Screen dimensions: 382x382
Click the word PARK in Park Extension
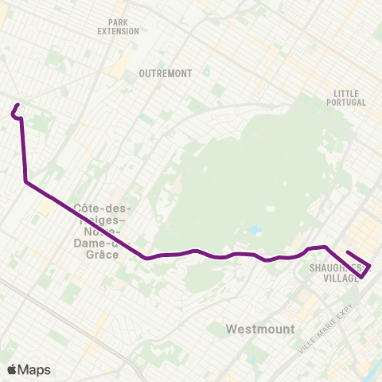(x=118, y=22)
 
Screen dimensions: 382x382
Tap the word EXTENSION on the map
(x=118, y=32)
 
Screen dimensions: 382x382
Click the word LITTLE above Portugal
(x=346, y=93)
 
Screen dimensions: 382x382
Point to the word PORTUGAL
(x=346, y=103)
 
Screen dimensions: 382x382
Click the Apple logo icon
(x=13, y=369)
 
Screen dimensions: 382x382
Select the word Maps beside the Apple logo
(x=35, y=369)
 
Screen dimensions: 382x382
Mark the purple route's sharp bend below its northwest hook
(x=26, y=182)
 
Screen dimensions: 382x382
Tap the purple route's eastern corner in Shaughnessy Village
(x=370, y=267)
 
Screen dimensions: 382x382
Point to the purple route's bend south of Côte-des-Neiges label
(x=148, y=258)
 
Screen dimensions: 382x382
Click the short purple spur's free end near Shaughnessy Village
(x=348, y=252)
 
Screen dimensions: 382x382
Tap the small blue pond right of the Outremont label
(x=206, y=72)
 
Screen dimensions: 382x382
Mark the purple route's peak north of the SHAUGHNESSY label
(x=325, y=247)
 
